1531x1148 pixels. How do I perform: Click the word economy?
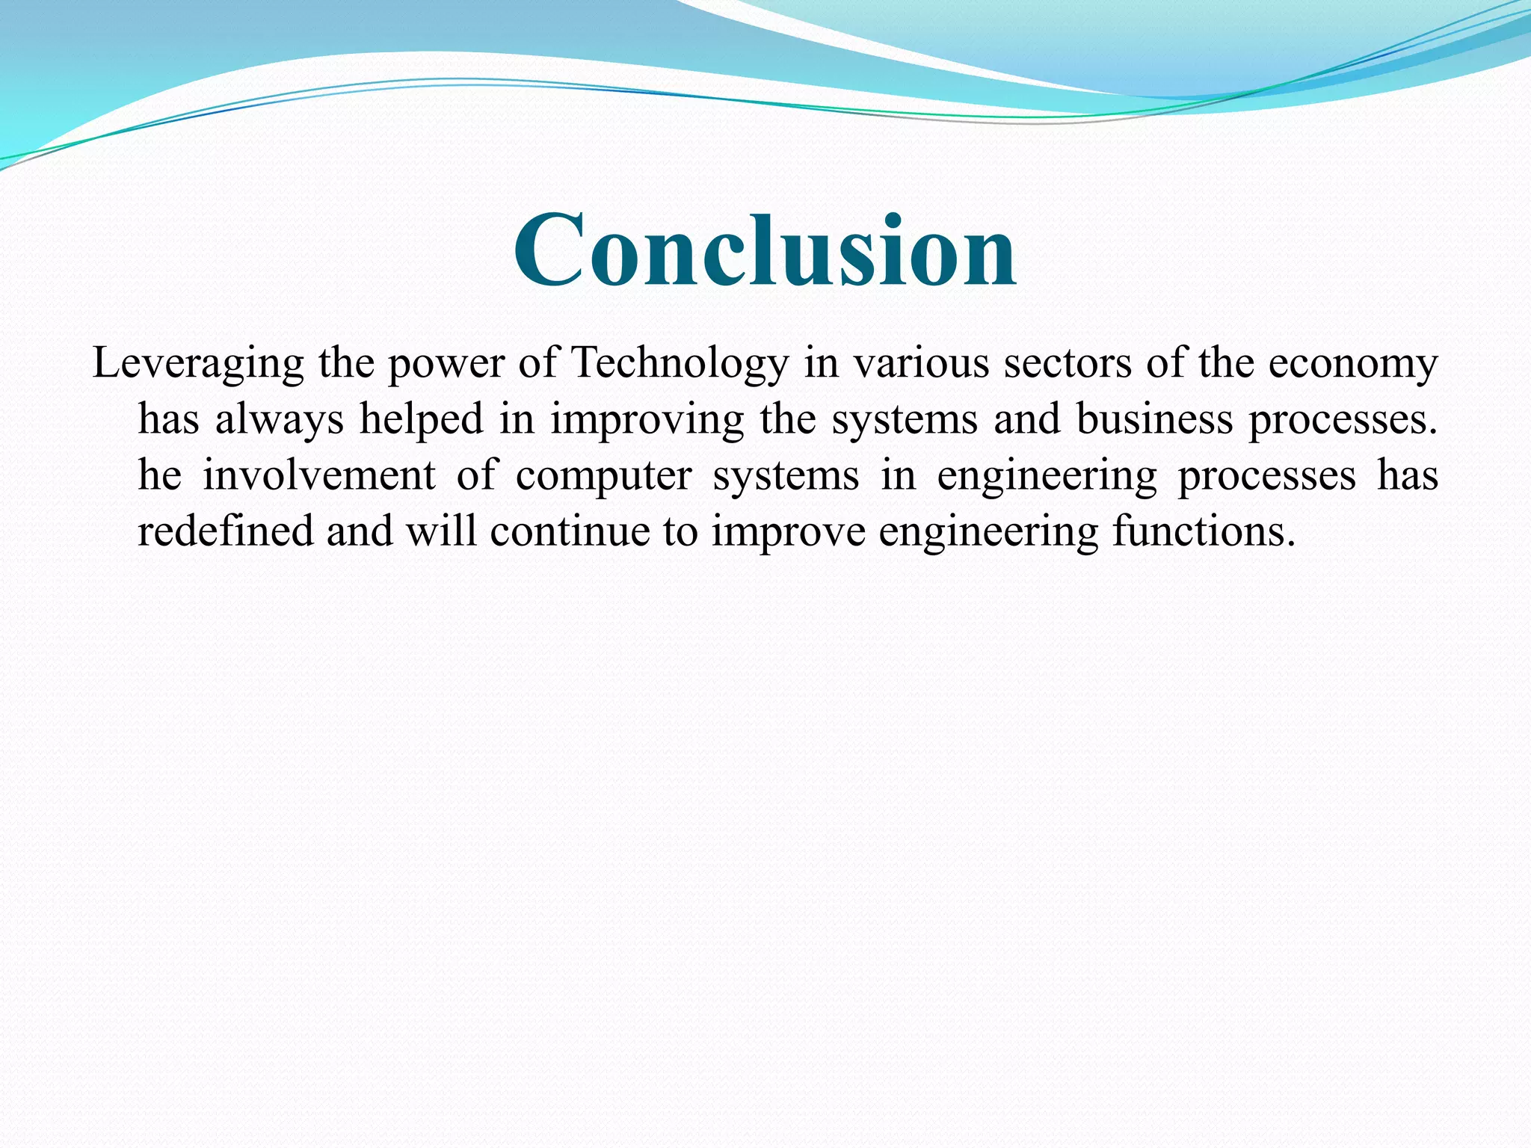[1352, 365]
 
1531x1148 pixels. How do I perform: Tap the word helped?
[422, 419]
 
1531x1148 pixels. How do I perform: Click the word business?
[1154, 419]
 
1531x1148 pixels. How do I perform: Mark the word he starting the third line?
[160, 475]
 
